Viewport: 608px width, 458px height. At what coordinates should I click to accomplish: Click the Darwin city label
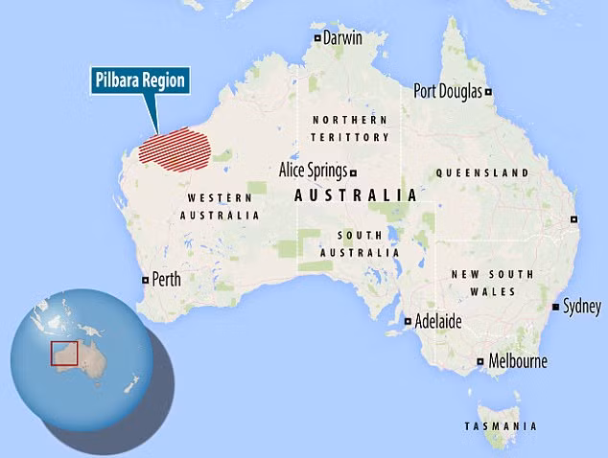pos(342,38)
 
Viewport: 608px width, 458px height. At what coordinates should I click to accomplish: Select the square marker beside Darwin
pos(317,38)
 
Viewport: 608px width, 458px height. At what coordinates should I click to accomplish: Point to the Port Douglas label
pos(448,91)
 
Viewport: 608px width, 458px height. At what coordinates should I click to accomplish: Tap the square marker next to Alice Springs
pos(354,172)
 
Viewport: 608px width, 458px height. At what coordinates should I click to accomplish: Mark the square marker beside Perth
pos(145,281)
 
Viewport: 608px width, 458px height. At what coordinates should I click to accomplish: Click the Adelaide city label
pos(437,322)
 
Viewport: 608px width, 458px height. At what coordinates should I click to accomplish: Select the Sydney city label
pos(582,307)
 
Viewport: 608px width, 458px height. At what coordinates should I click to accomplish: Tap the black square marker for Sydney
pos(556,307)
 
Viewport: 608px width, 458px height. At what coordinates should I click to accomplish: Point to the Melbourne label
pos(518,361)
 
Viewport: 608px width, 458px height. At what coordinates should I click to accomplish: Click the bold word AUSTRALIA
pos(355,195)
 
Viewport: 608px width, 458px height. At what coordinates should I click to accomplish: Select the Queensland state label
pos(481,172)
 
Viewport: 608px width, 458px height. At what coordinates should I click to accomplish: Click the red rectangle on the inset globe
pos(63,354)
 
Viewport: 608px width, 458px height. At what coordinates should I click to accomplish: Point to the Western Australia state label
pos(219,206)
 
